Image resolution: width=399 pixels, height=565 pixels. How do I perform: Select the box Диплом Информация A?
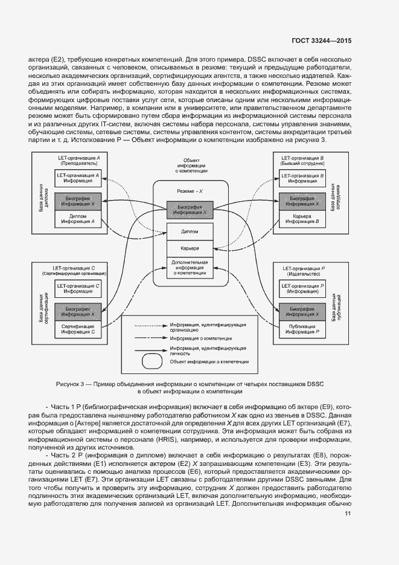click(x=78, y=218)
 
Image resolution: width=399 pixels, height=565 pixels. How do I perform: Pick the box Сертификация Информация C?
click(x=78, y=329)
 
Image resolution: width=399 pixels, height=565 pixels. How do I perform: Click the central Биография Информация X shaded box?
click(x=190, y=210)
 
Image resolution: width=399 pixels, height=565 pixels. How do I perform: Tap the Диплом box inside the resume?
click(x=190, y=231)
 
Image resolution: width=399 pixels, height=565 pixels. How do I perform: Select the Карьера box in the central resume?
click(x=190, y=248)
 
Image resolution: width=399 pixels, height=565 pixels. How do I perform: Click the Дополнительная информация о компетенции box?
click(x=190, y=268)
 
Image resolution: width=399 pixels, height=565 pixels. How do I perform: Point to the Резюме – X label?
click(x=190, y=190)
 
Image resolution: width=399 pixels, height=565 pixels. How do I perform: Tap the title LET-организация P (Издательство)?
click(x=302, y=270)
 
